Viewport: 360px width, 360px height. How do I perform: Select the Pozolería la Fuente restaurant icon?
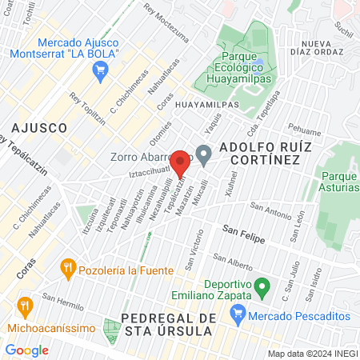(x=69, y=266)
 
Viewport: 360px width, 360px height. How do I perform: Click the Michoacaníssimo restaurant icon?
(x=26, y=307)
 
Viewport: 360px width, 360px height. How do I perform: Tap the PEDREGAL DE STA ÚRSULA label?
(x=168, y=325)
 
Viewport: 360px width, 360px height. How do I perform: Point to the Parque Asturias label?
(x=339, y=182)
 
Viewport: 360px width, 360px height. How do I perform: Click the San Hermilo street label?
(x=63, y=305)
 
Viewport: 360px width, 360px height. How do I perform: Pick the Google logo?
(x=26, y=350)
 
